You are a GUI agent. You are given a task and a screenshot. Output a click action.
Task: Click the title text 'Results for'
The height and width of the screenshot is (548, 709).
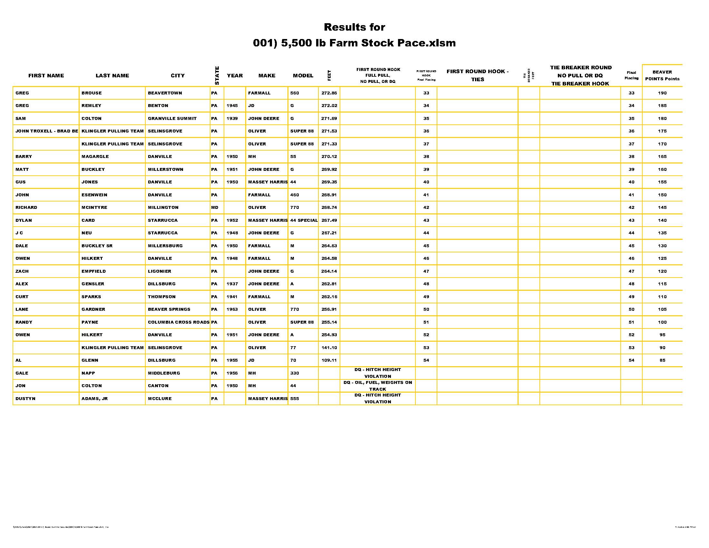click(354, 27)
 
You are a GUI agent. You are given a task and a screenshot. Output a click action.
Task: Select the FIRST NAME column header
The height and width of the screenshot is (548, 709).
click(46, 76)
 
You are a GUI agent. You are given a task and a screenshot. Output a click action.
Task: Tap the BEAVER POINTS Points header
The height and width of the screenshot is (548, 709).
click(662, 76)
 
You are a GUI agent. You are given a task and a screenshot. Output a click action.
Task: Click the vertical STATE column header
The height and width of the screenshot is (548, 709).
click(217, 76)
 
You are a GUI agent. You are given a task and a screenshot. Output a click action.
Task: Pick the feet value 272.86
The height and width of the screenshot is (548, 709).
click(329, 93)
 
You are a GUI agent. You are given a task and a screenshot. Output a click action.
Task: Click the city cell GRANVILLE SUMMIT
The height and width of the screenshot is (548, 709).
click(172, 119)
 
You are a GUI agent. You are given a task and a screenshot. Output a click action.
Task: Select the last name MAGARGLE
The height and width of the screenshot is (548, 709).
click(95, 156)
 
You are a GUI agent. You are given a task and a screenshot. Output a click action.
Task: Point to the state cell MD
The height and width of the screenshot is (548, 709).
click(215, 208)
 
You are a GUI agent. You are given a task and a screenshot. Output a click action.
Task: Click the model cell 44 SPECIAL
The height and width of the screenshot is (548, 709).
click(304, 220)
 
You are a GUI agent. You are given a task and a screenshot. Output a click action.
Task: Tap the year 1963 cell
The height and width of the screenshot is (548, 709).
click(232, 309)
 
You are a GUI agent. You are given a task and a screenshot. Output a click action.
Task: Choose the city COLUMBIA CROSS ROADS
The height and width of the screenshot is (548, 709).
click(179, 322)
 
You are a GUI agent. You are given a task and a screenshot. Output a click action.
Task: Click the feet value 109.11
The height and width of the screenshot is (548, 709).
click(329, 360)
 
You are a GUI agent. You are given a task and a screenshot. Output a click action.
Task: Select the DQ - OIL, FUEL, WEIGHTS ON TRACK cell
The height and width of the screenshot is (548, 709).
click(378, 386)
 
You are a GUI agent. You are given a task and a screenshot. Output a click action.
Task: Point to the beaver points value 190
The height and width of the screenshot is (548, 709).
click(662, 93)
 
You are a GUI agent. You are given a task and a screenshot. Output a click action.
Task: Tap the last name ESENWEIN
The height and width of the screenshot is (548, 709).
click(94, 195)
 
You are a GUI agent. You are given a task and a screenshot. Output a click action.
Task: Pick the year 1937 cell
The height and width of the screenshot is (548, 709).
click(232, 284)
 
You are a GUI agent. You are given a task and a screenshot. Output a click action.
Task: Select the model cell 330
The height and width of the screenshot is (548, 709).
click(295, 373)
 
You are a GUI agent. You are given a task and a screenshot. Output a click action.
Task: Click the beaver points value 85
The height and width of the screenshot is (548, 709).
click(662, 360)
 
